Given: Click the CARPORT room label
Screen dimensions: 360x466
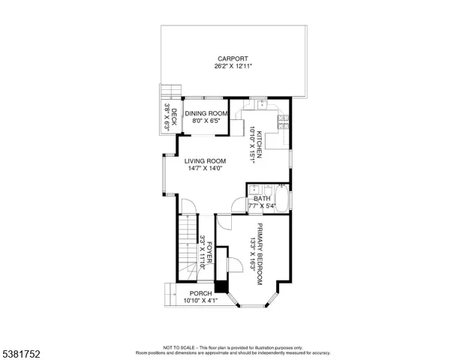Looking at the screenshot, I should coord(233,58).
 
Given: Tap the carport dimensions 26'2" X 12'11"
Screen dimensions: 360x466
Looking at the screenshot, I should coord(233,67).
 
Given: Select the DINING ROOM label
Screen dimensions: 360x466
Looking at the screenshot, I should coord(206,113).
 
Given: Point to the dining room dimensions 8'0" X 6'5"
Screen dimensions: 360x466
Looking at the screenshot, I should coord(206,121).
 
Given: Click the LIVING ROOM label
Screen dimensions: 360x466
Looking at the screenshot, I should coord(205,160).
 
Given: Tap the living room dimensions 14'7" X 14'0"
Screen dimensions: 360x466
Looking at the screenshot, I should coord(205,169).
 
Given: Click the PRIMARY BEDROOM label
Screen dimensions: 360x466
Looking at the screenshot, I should coord(260,253).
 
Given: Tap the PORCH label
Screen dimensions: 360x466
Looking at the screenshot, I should coord(200,293).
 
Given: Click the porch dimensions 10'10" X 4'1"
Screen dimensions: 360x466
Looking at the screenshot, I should coord(200,301).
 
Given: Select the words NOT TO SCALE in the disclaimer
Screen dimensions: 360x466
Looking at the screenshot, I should coord(179,347).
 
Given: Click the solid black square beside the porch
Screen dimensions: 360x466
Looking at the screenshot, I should coord(221,286).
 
